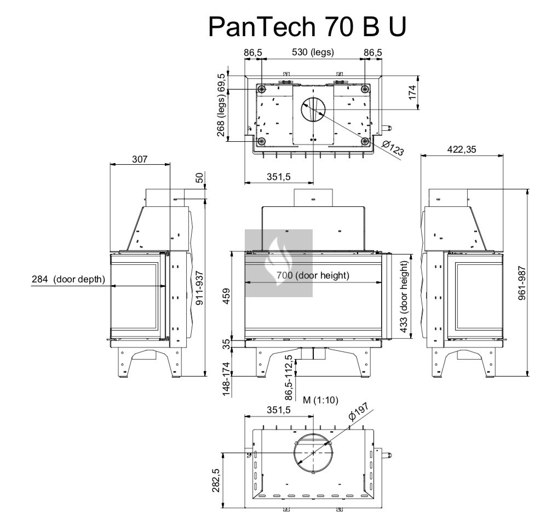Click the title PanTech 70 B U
[307, 26]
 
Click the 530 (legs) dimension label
[313, 53]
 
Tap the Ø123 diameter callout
[393, 148]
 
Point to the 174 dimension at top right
[413, 91]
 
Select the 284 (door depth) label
[68, 279]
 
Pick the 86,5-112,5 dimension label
[289, 378]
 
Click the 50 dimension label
[200, 178]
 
